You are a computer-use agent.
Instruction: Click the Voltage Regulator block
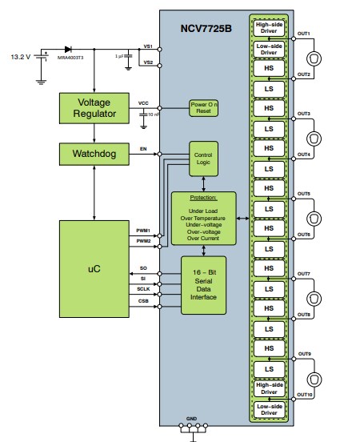(x=94, y=108)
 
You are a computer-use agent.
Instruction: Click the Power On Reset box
(x=204, y=108)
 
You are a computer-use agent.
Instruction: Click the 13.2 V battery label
(x=21, y=58)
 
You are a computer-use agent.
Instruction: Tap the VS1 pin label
(x=147, y=46)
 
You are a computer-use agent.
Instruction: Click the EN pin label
(x=143, y=149)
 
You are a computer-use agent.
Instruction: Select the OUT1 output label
(x=304, y=34)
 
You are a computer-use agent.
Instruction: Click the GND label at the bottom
(x=190, y=418)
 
